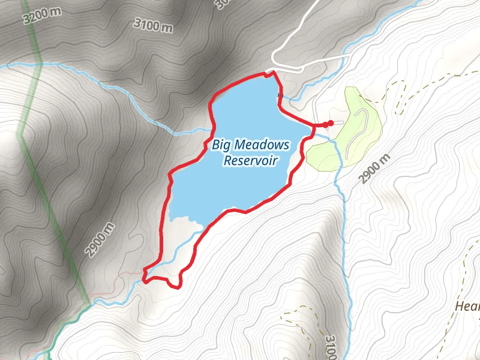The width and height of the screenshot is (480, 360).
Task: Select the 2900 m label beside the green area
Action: [x=376, y=169]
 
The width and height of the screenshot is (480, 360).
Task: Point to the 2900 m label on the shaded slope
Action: [x=100, y=239]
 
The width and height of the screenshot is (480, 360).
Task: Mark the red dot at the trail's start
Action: [x=330, y=123]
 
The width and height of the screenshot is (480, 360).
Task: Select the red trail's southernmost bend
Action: [x=175, y=286]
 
